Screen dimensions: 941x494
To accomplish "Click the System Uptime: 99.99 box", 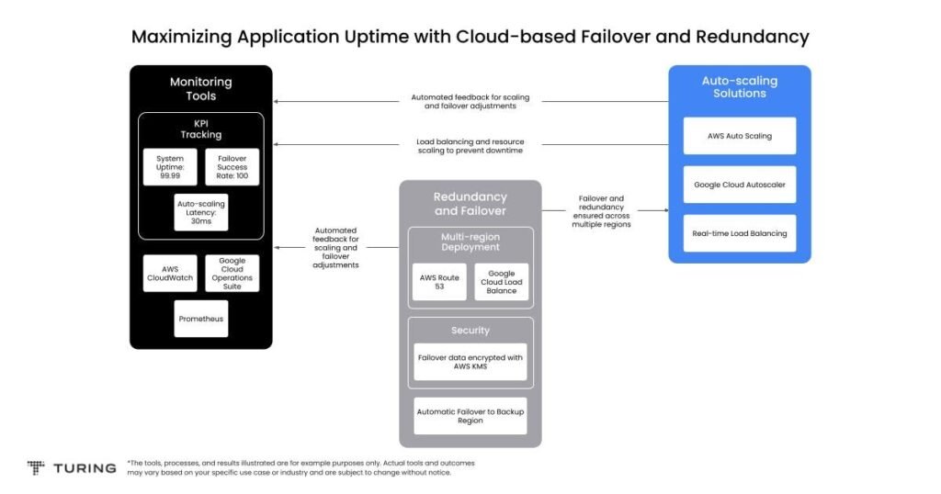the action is (x=170, y=167).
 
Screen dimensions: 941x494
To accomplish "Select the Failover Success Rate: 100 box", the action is (x=232, y=167).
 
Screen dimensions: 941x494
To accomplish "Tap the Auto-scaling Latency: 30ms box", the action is (x=201, y=212).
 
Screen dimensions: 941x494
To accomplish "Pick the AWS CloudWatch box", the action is (x=170, y=274).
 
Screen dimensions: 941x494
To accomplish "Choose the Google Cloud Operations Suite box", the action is (x=232, y=274).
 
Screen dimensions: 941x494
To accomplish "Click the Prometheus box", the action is (x=201, y=319).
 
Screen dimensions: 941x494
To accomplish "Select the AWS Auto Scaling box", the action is (x=740, y=136).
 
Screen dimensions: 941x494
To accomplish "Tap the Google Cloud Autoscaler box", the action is (x=740, y=185).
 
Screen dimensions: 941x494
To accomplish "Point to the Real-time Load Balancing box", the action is (x=740, y=233).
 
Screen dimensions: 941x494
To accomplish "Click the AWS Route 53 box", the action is (x=439, y=282).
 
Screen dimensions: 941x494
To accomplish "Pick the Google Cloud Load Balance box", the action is (x=501, y=282).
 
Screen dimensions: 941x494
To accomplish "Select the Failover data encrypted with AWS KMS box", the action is (x=470, y=362).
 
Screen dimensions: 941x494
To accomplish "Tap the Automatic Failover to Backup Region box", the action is (x=470, y=416).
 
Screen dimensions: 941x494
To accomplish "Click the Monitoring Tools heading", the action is (x=201, y=89).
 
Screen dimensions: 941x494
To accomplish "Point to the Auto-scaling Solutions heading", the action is (x=740, y=87).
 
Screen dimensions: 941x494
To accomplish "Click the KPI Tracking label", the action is (x=201, y=129).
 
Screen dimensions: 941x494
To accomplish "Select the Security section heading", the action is (x=470, y=331).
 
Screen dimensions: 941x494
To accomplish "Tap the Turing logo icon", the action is (x=36, y=467).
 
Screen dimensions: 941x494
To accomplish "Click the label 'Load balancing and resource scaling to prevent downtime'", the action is (x=470, y=146).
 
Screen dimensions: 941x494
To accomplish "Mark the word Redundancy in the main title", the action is (x=753, y=37).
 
